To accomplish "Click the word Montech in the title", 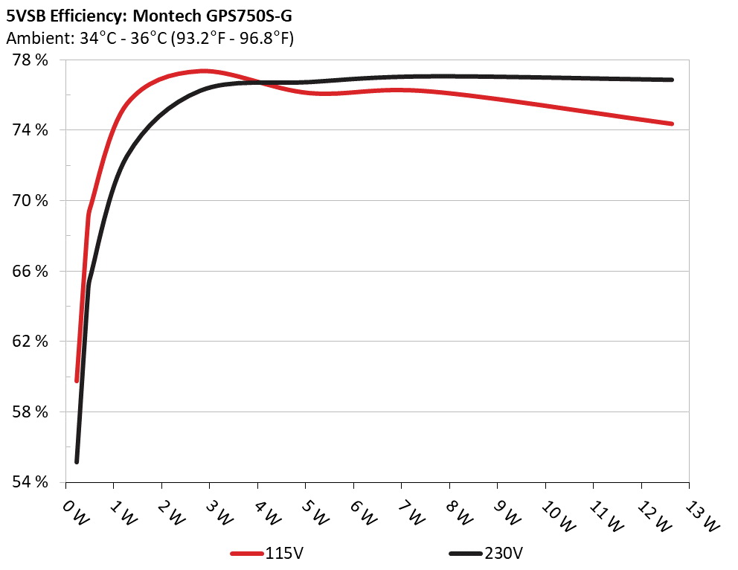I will pyautogui.click(x=164, y=13).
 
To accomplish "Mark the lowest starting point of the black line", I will pyautogui.click(x=77, y=462).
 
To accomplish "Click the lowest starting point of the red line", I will pyautogui.click(x=77, y=380).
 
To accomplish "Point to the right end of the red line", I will pyautogui.click(x=672, y=124).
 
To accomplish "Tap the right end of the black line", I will pyautogui.click(x=672, y=80).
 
